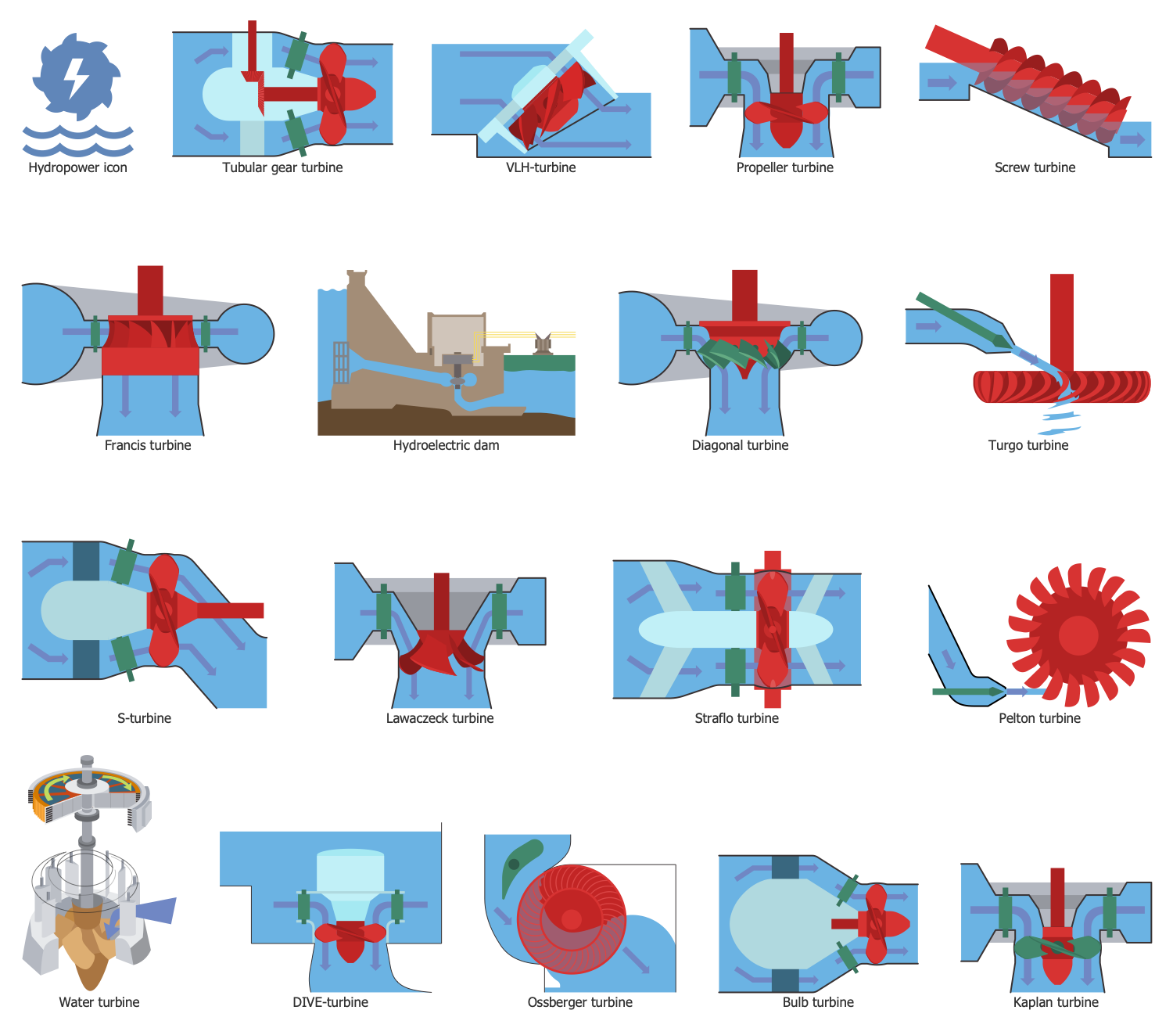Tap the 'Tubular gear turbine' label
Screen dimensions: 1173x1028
[x=282, y=167]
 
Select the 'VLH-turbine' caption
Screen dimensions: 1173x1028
[x=540, y=167]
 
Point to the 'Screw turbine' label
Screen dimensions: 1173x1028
[x=1034, y=167]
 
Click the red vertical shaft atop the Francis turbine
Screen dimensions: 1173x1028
[x=150, y=291]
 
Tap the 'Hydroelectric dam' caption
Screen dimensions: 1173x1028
[x=446, y=445]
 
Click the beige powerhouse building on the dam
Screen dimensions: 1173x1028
[x=456, y=334]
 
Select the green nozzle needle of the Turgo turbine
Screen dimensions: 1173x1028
[x=963, y=321]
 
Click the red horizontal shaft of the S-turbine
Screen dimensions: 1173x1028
[x=230, y=610]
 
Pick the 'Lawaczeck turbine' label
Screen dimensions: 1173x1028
[x=439, y=718]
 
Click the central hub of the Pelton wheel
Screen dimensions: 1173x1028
[x=1078, y=635]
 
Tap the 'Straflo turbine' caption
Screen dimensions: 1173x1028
[x=737, y=718]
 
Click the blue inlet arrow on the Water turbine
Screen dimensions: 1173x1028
[x=155, y=911]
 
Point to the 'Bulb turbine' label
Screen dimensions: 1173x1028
[x=817, y=1002]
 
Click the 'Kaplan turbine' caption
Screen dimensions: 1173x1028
[x=1056, y=1002]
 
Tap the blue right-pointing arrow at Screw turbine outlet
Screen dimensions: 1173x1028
[x=1132, y=139]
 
